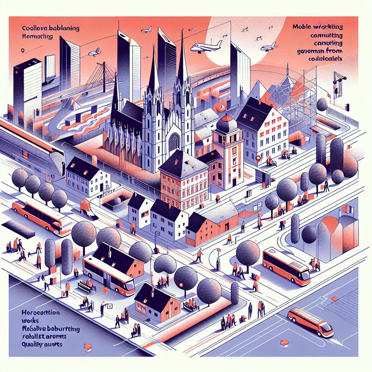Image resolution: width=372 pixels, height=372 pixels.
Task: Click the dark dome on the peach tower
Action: [226, 124]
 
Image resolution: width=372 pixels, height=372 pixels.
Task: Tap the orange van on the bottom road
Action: [311, 322]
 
